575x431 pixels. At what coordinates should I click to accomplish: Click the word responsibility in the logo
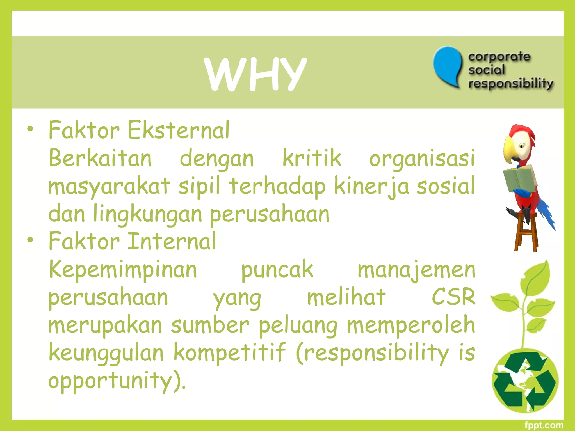pos(510,84)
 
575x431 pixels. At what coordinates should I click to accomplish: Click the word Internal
pos(172,241)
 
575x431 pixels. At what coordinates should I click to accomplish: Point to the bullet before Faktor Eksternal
pos(30,129)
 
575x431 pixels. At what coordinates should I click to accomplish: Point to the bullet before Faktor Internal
pos(30,240)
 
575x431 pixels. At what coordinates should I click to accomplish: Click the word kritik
pos(312,158)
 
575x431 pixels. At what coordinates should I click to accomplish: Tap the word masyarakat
pos(109,186)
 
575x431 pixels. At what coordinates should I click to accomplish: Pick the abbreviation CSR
pos(453,297)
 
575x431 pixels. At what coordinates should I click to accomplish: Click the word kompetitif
pos(229,352)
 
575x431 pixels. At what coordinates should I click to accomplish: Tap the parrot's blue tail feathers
pos(546,213)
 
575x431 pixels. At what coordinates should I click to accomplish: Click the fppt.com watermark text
pos(544,425)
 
